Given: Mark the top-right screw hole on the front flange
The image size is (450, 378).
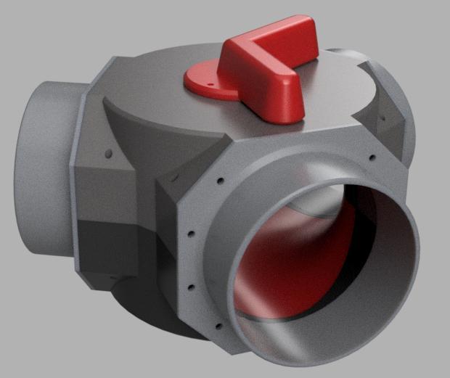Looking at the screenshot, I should click(372, 157).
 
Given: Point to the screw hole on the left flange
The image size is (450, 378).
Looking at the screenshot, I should click(108, 154).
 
